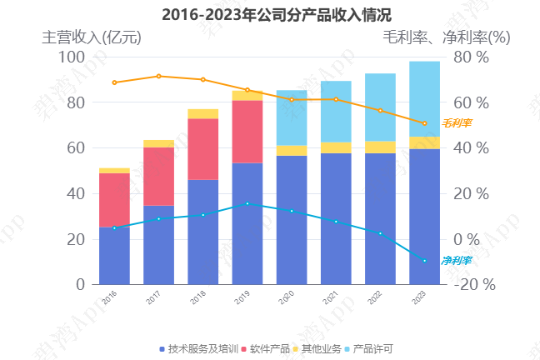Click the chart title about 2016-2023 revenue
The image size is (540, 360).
270,14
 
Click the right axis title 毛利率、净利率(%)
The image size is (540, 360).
447,37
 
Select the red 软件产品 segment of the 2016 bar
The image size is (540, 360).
114,200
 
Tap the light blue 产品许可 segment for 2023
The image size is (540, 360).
424,99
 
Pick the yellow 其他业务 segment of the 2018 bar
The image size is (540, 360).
202,113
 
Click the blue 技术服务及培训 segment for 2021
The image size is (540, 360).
336,218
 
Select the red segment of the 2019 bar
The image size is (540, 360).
247,132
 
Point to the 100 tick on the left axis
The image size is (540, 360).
72,57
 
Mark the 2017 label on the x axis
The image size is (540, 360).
153,297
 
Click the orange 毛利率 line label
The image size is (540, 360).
457,123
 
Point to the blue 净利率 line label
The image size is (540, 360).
457,261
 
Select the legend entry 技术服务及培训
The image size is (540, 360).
197,348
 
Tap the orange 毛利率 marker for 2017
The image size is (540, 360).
158,76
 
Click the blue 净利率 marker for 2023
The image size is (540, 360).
424,261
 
